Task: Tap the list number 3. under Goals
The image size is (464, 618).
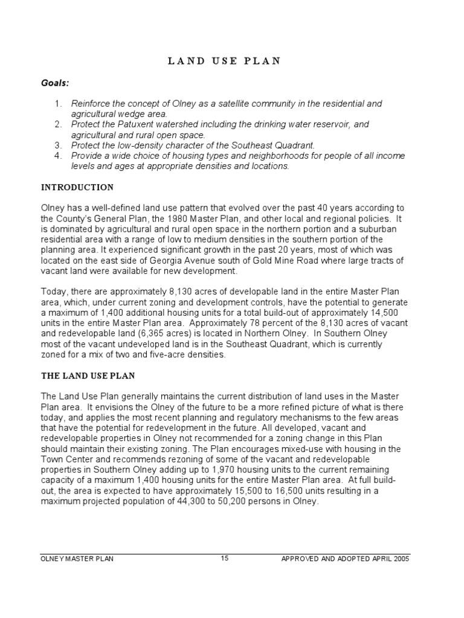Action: pos(58,145)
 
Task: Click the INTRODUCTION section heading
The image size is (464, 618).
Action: pos(77,187)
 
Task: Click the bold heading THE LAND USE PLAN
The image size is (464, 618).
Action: pos(88,375)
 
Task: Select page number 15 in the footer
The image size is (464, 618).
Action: pos(224,558)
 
